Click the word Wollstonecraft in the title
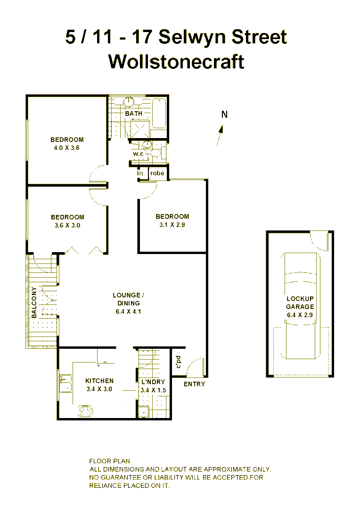176,62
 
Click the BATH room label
133,114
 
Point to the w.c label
138,154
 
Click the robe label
157,173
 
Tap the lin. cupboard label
141,173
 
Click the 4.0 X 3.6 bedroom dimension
67,147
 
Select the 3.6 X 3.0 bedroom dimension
67,225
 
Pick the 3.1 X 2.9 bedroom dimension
172,224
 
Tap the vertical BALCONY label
34,303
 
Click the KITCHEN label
99,381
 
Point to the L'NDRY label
151,382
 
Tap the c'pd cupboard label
178,362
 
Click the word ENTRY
194,384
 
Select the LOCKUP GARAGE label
300,303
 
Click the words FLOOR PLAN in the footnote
109,461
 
